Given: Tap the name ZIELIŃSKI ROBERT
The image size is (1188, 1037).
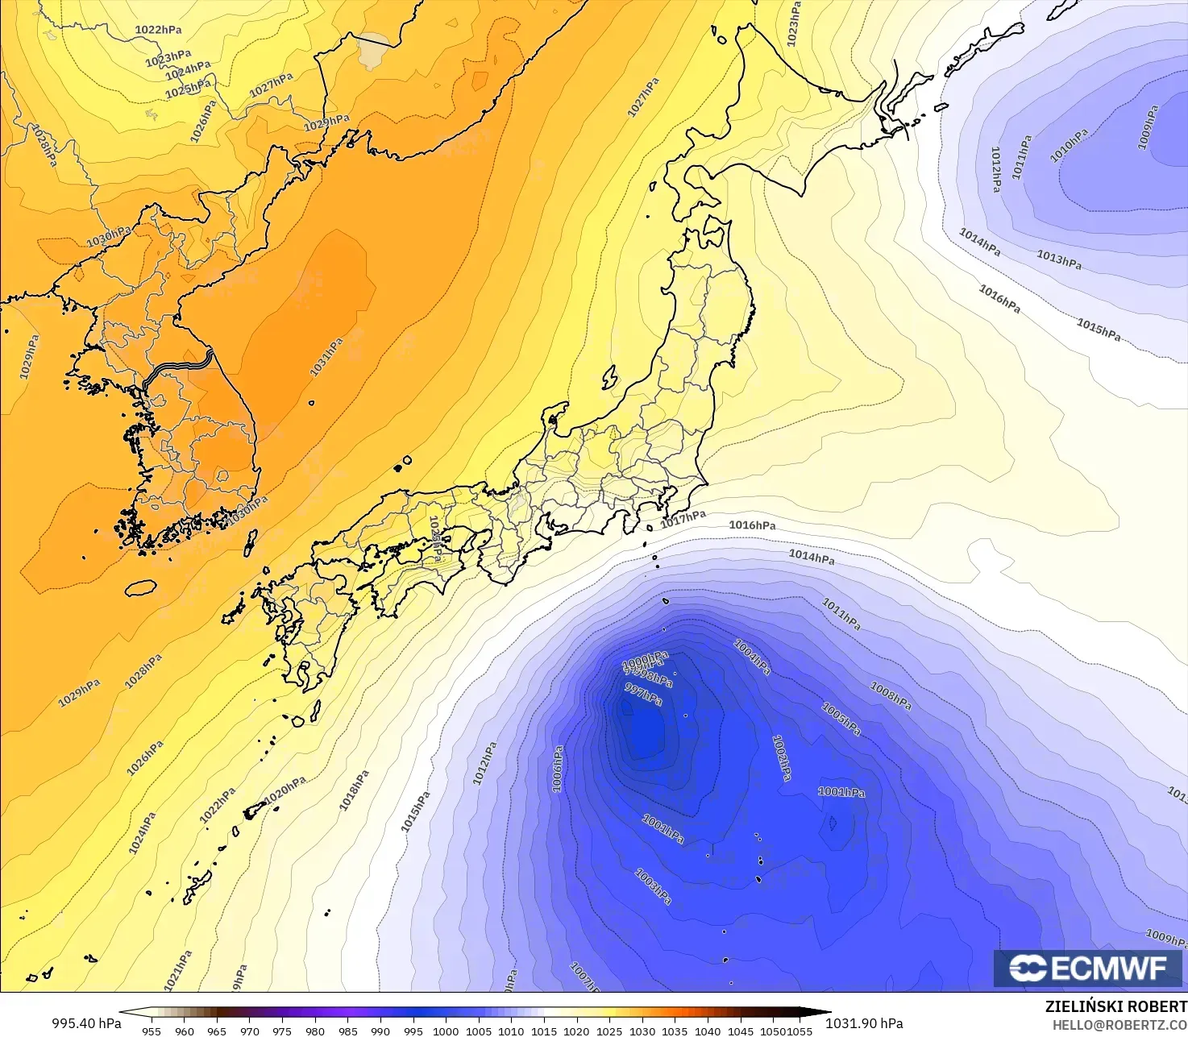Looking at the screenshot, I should point(1115,1006).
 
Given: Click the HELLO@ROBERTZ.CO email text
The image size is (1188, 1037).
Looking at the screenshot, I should point(1119,1024).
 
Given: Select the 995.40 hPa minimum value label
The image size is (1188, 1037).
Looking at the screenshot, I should point(86,1023).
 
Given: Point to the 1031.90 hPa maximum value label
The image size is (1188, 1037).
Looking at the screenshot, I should point(864,1023).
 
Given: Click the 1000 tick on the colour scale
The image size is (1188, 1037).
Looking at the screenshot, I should point(446,1031).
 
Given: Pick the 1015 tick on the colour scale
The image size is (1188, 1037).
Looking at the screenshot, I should point(544,1031).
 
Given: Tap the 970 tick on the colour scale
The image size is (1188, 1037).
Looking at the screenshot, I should point(250,1031).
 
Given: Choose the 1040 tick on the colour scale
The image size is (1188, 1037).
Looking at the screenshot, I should point(708,1031).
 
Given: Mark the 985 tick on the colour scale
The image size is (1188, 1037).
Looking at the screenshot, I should point(347,1031).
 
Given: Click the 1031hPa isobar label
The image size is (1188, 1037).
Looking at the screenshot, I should point(326,357).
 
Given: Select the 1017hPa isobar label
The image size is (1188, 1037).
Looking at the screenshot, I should point(683,519).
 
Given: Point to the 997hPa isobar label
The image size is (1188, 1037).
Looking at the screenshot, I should point(643,694).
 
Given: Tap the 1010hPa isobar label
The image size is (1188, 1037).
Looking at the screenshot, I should point(1069,146).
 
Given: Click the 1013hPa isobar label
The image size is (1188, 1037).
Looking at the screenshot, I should point(1059,259).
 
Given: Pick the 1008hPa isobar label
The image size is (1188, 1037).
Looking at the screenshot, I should point(891,696).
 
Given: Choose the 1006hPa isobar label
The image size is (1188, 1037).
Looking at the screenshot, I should point(558,769).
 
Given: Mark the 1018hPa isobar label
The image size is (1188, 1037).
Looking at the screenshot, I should point(354,790).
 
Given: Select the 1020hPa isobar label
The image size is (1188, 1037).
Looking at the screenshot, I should point(285,789).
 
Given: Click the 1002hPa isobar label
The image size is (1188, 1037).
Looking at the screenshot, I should point(781,757).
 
